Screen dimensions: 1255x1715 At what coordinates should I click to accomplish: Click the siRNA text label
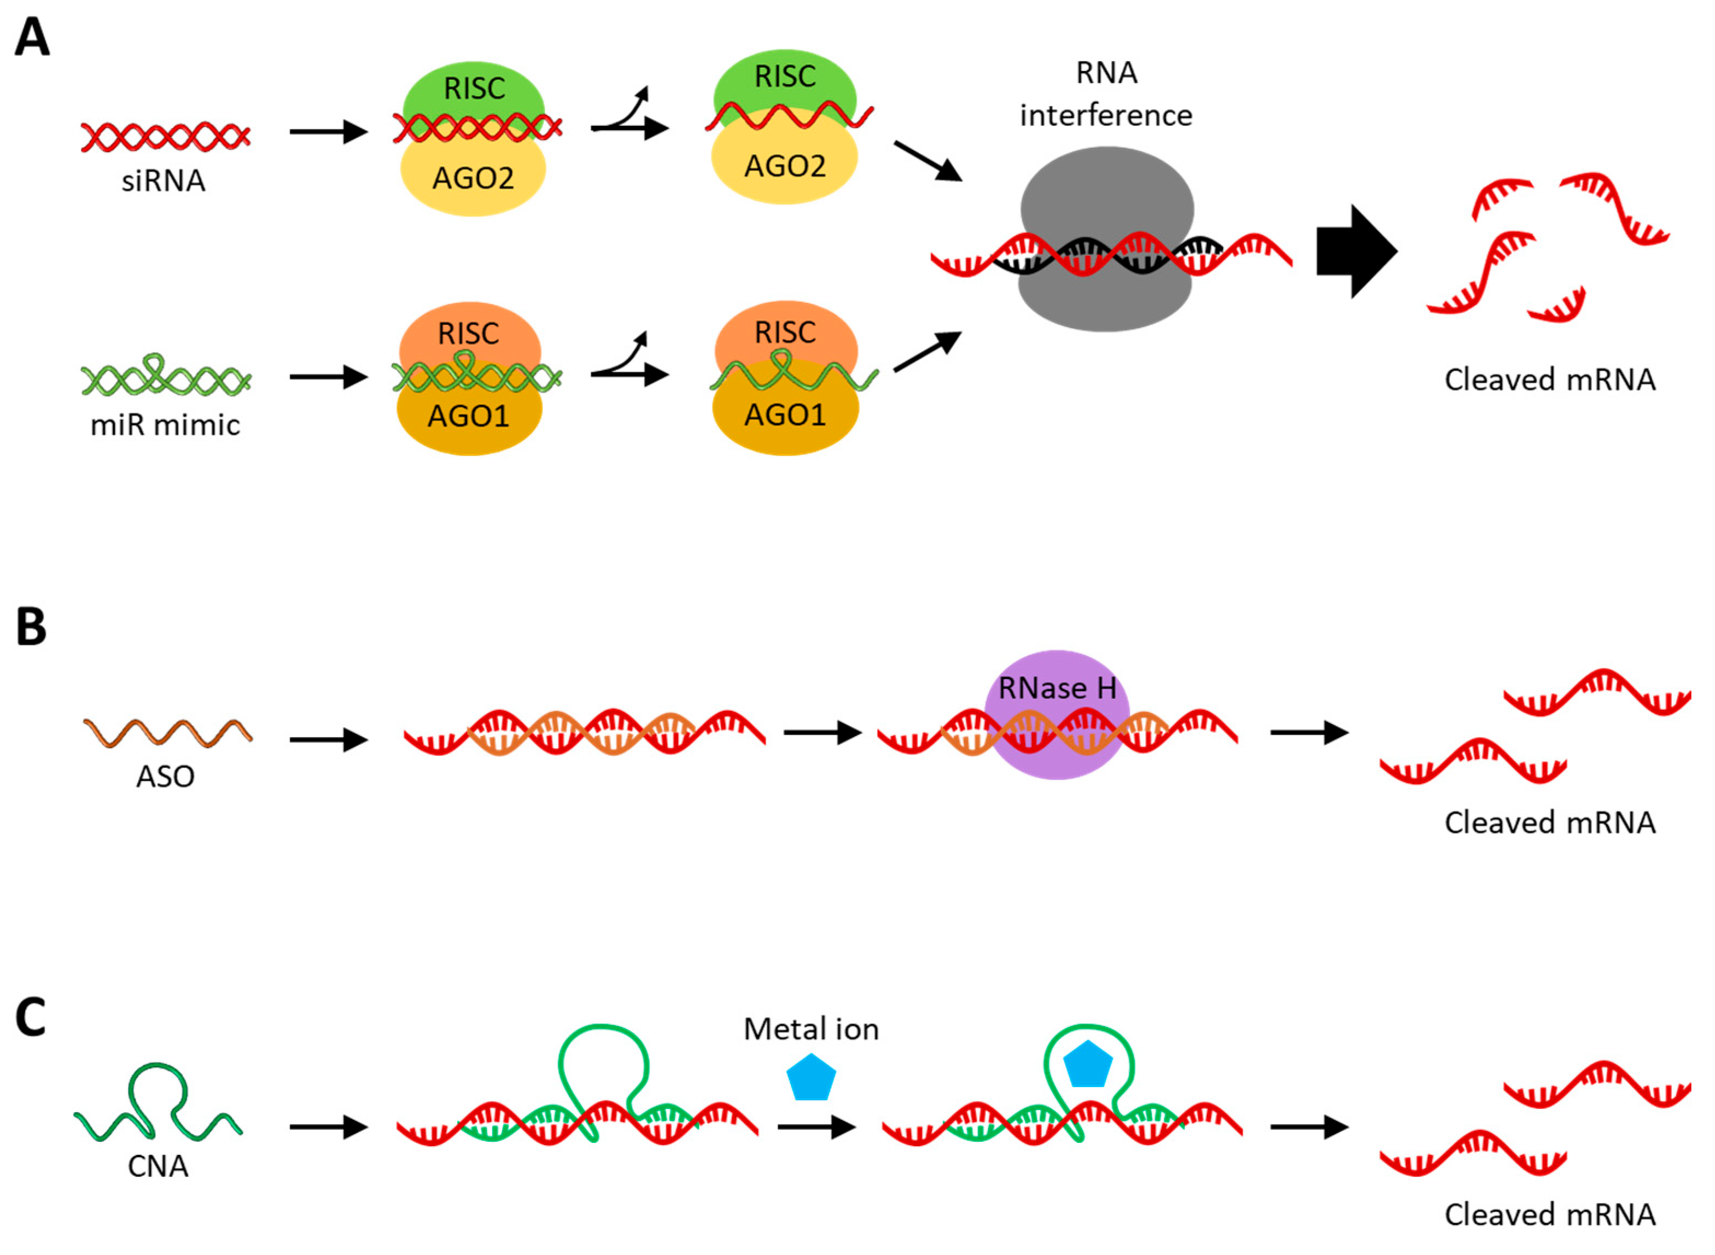(164, 181)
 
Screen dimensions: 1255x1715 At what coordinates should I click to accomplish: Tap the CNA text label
(158, 1166)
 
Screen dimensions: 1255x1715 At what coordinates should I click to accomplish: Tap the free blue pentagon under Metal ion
(811, 1077)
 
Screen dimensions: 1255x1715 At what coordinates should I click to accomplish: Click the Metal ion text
(811, 1029)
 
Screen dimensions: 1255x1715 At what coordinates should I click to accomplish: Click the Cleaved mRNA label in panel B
(1549, 823)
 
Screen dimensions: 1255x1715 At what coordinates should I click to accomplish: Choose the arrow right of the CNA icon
(328, 1128)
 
